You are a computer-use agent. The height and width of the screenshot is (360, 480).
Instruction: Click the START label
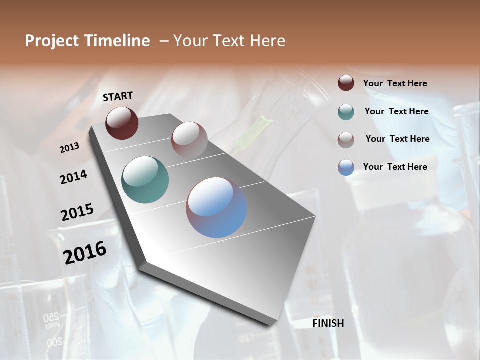(118, 96)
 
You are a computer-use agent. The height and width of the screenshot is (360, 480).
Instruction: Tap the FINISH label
(328, 323)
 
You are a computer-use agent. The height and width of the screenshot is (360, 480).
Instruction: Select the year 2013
(70, 147)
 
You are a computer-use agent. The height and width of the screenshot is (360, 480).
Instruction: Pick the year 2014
(73, 177)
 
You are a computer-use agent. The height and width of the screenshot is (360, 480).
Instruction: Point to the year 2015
(77, 212)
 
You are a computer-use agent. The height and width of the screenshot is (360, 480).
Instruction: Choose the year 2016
(85, 253)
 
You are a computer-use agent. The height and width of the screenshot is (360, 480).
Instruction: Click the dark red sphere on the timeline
(122, 123)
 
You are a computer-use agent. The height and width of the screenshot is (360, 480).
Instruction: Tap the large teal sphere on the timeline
(145, 180)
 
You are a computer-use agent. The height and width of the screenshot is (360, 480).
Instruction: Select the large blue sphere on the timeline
(216, 207)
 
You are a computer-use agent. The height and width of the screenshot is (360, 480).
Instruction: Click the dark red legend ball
(346, 83)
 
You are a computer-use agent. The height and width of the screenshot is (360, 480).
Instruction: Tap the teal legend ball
(346, 112)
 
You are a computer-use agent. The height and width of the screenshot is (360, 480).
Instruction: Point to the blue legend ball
(346, 167)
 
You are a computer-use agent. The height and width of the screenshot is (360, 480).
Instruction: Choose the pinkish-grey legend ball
(346, 139)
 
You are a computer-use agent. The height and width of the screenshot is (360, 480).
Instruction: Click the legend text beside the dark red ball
(395, 83)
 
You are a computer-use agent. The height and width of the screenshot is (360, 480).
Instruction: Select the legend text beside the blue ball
(395, 167)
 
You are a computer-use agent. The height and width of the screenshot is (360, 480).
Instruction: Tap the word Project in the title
(51, 41)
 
